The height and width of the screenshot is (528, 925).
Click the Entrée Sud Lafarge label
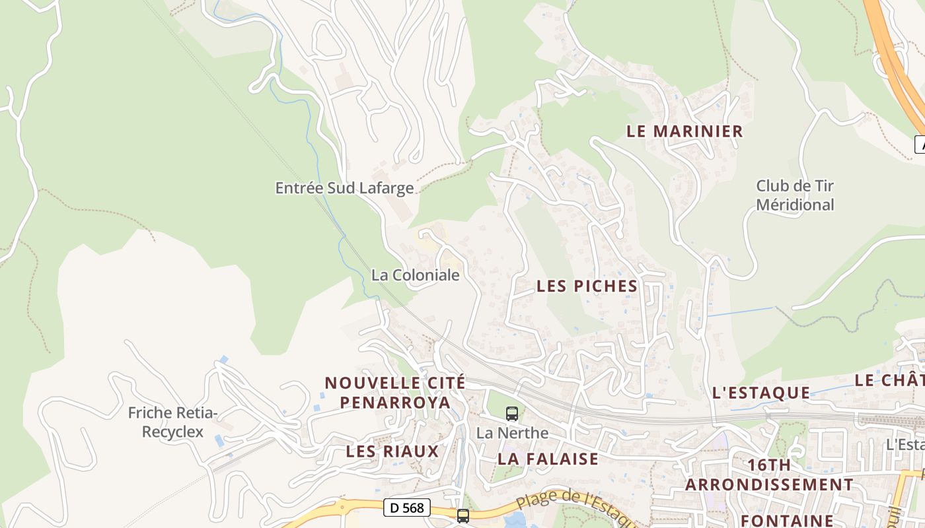click(x=344, y=188)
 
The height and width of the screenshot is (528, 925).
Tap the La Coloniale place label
click(x=415, y=275)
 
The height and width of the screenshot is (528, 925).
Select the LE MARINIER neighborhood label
click(x=684, y=131)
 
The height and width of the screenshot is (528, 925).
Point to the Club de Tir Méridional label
click(x=795, y=195)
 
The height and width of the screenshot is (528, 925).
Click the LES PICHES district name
click(x=587, y=286)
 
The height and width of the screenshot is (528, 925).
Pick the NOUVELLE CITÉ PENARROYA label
click(x=395, y=393)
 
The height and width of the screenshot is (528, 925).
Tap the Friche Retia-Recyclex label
click(x=172, y=423)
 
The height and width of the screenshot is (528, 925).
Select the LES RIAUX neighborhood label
click(x=392, y=451)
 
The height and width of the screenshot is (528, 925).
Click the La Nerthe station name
click(x=512, y=434)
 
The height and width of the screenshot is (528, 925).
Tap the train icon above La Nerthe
click(x=512, y=414)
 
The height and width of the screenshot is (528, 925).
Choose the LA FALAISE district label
click(x=548, y=459)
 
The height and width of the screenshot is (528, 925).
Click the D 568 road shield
click(x=407, y=508)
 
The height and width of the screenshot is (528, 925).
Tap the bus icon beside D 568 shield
click(x=463, y=515)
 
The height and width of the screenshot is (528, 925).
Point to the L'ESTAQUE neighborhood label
click(x=761, y=393)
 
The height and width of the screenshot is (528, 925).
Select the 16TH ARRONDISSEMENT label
click(x=769, y=475)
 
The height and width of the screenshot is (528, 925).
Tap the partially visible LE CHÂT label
click(x=889, y=380)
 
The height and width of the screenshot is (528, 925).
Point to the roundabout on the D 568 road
click(x=343, y=508)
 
